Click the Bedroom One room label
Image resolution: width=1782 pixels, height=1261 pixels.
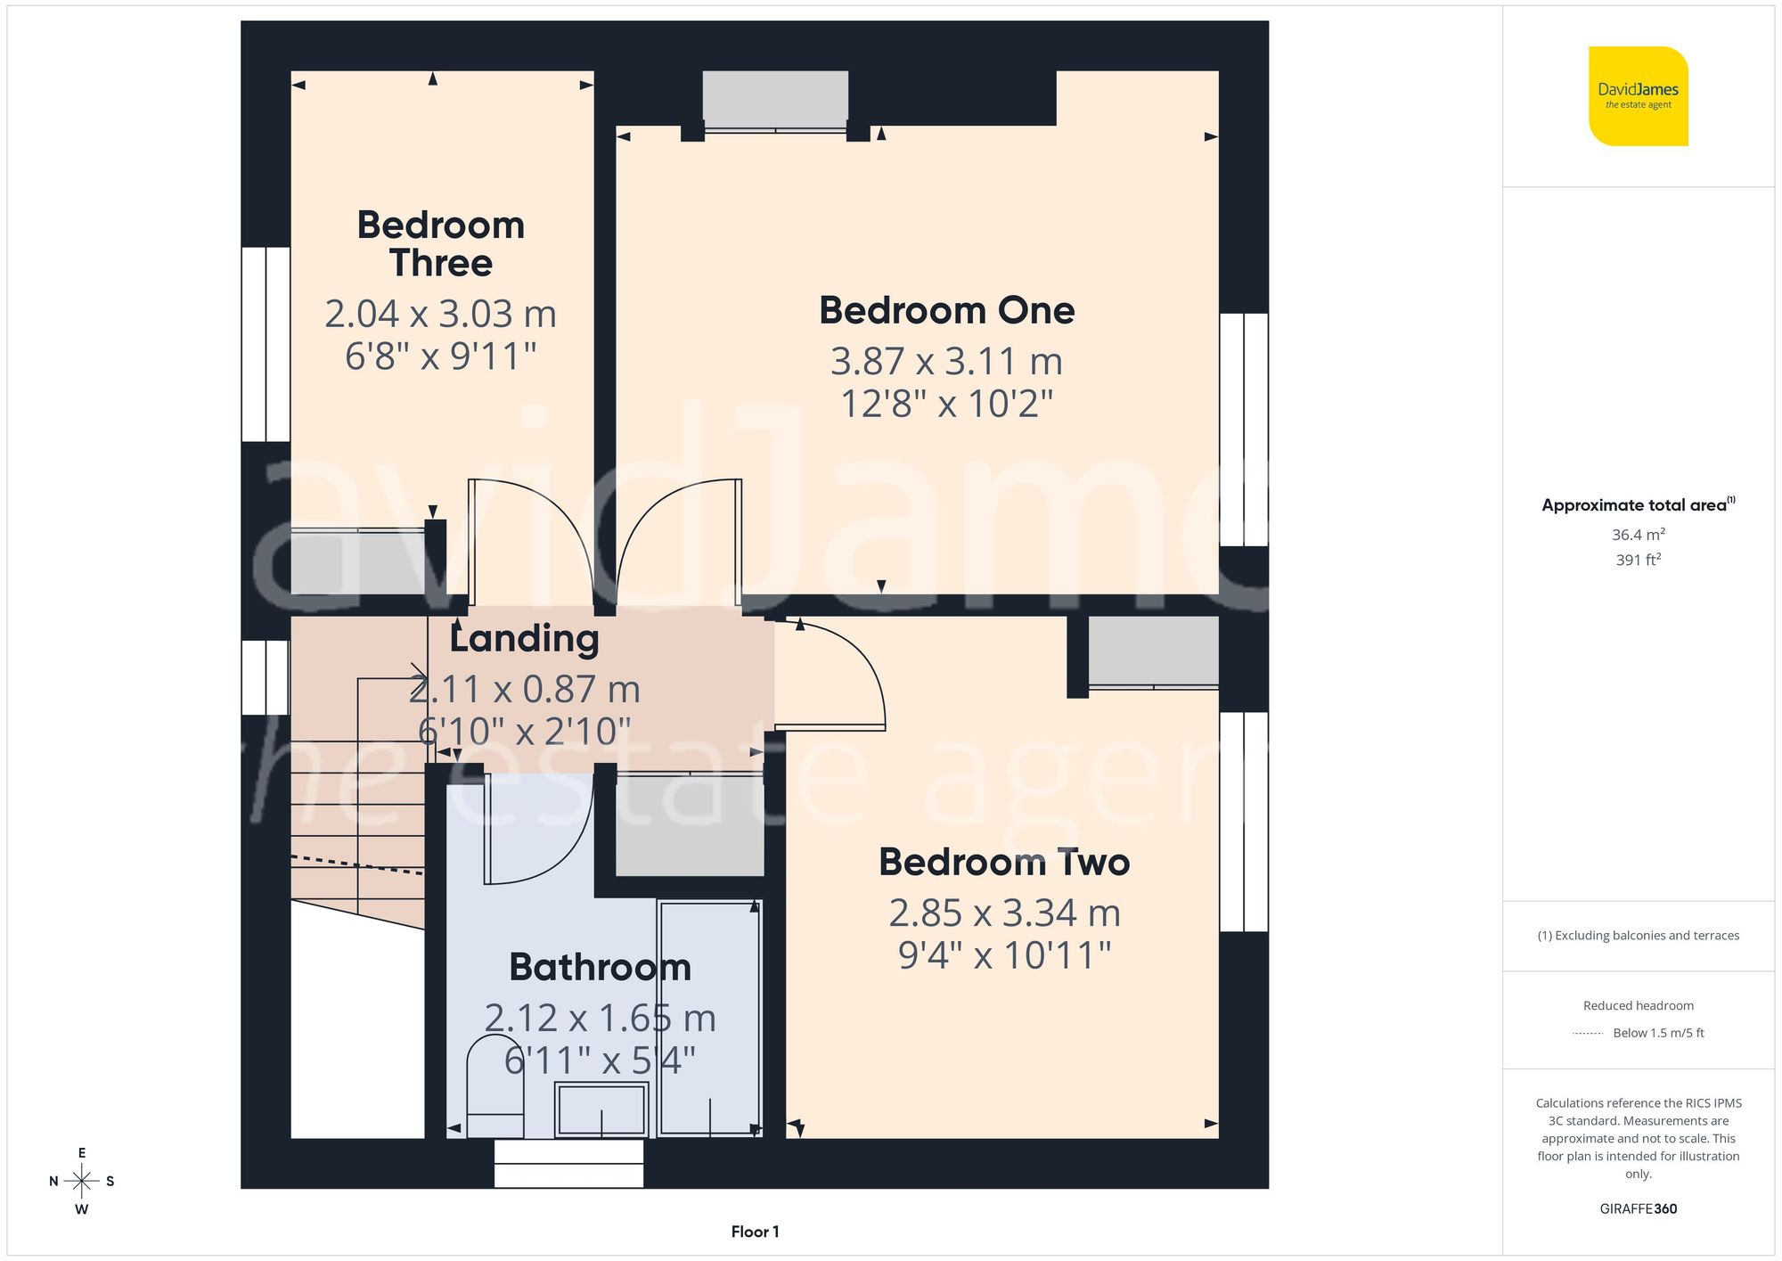(946, 310)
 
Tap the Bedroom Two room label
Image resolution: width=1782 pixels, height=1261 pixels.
(1004, 862)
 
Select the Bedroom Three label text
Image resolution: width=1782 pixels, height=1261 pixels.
(440, 243)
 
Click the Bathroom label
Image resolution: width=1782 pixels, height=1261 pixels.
(600, 967)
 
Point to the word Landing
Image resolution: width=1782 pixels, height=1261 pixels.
(524, 638)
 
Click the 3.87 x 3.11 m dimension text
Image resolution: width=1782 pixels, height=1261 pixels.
(946, 361)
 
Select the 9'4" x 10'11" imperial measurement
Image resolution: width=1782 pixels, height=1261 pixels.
(1004, 955)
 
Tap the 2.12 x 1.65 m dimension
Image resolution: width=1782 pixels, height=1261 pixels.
(600, 1018)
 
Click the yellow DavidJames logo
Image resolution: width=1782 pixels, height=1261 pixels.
(1638, 96)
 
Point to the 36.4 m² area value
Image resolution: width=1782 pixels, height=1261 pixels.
(1638, 535)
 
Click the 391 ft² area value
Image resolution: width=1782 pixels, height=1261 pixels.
(1638, 560)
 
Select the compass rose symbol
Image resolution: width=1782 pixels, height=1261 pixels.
(81, 1182)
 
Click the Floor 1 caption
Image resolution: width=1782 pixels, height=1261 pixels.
(755, 1232)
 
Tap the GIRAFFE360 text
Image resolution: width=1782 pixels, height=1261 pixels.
(1638, 1208)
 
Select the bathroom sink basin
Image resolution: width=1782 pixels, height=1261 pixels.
(601, 1110)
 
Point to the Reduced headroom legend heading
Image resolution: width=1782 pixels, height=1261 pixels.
(1638, 1005)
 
